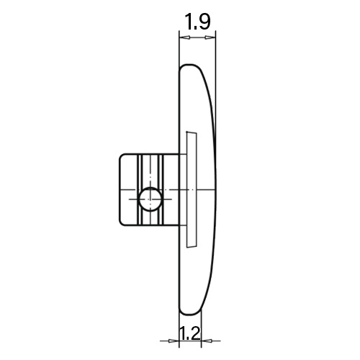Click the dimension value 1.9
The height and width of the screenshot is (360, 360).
pos(197,22)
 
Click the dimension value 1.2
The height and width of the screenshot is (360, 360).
pos(189,333)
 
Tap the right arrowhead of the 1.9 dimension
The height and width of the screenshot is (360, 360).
pos(210,37)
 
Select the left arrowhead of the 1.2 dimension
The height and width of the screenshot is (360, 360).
pos(174,341)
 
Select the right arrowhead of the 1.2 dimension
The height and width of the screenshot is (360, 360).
pos(207,341)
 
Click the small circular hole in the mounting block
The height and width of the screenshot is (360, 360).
pos(150,199)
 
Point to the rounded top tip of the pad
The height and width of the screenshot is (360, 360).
pos(189,65)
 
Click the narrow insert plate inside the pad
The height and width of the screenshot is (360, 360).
pos(192,189)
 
